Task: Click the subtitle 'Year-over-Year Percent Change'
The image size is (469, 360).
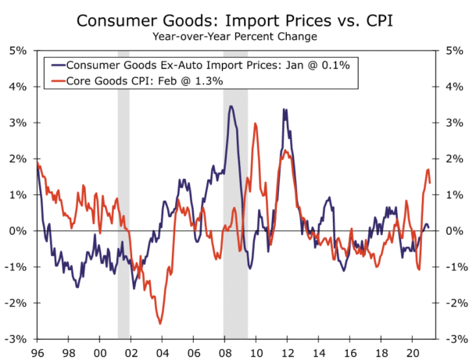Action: pyautogui.click(x=234, y=36)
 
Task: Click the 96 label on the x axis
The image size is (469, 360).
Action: pyautogui.click(x=37, y=352)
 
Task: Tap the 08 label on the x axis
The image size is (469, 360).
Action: pyautogui.click(x=224, y=352)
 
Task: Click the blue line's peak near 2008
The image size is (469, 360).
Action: pyautogui.click(x=231, y=107)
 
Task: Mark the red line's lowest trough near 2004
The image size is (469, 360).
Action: pyautogui.click(x=160, y=323)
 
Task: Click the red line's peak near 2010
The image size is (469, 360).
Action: pyautogui.click(x=256, y=123)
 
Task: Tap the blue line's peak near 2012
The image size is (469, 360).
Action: pyautogui.click(x=285, y=109)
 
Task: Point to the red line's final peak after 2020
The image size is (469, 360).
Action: pyautogui.click(x=428, y=169)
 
